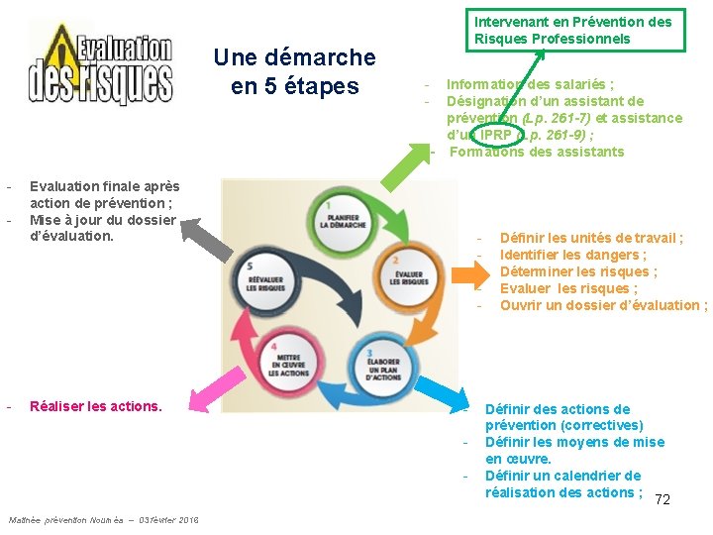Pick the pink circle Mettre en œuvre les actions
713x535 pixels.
point(289,366)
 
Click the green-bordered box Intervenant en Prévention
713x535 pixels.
point(572,30)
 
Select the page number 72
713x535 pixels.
point(662,499)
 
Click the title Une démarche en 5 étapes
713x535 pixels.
point(294,72)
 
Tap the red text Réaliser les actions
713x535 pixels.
point(95,406)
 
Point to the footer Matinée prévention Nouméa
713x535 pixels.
point(103,520)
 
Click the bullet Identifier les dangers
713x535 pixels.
point(572,255)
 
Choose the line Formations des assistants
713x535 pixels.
point(536,152)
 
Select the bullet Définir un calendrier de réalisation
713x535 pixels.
point(562,483)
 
